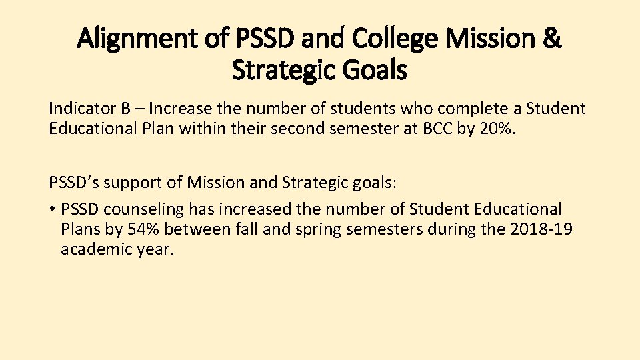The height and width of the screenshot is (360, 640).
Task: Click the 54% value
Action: (x=145, y=230)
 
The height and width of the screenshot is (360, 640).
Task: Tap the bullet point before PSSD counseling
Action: (x=52, y=209)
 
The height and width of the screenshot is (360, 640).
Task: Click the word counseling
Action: (x=134, y=209)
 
